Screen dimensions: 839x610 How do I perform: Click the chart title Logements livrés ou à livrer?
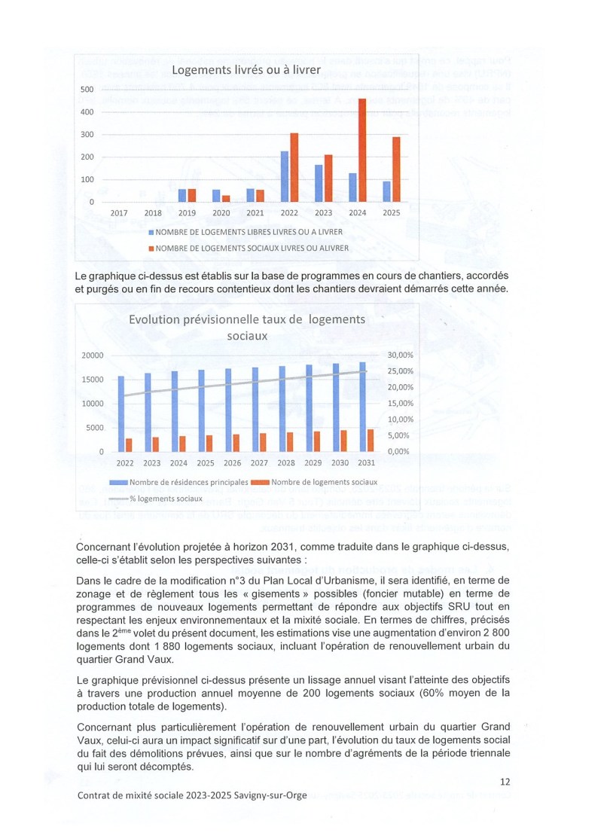pos(246,71)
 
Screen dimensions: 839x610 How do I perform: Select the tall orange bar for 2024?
pos(362,151)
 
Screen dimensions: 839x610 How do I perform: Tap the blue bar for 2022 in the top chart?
pos(284,177)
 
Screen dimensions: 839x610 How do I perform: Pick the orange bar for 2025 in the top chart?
pos(396,169)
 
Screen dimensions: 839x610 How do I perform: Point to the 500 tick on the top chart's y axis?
pos(87,90)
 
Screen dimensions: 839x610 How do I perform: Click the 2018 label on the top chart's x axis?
pos(153,214)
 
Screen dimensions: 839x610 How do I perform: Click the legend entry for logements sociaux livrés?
pos(249,248)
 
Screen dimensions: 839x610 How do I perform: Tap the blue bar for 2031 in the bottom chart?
pos(362,407)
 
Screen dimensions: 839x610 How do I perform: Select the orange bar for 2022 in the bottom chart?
pos(129,444)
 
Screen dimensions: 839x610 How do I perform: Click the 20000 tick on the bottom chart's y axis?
pos(92,355)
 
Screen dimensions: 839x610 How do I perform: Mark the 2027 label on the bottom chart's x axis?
pos(259,463)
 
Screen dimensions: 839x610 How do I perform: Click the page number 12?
pos(505,782)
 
